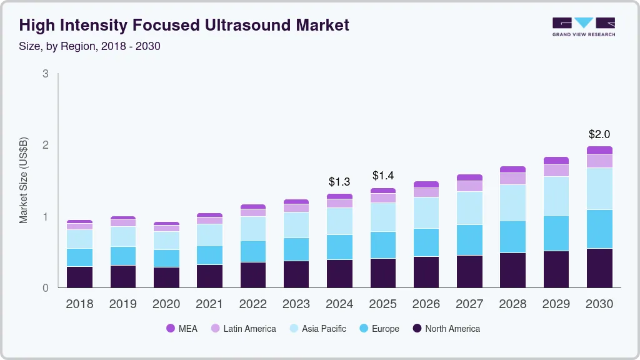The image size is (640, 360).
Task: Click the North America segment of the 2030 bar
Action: click(x=599, y=268)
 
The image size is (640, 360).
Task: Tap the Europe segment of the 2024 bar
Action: click(x=340, y=247)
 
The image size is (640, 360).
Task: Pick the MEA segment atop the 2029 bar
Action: click(x=556, y=161)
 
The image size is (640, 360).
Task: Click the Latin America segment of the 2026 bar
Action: click(x=426, y=192)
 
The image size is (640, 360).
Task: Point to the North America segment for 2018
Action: click(x=79, y=277)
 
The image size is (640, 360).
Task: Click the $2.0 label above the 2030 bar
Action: click(x=599, y=134)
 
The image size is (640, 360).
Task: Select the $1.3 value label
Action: click(x=340, y=182)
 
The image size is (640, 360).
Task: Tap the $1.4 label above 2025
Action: click(x=383, y=176)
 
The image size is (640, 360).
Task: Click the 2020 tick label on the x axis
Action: click(x=166, y=304)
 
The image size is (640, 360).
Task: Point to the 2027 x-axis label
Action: click(x=469, y=304)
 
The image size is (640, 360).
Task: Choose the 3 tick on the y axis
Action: click(x=46, y=74)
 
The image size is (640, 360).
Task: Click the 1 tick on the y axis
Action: click(x=46, y=217)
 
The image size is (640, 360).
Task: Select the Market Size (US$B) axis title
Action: click(x=24, y=181)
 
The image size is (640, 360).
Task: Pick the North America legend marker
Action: click(x=417, y=329)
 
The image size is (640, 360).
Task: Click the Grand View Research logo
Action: click(x=583, y=26)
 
